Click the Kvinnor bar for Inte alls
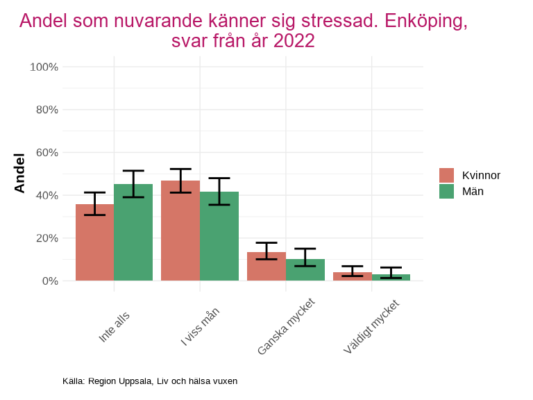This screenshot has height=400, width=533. pyautogui.click(x=94, y=243)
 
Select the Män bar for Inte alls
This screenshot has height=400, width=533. pyautogui.click(x=133, y=233)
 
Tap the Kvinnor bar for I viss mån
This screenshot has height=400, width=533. pyautogui.click(x=180, y=231)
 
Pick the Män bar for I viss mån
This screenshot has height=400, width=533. pyautogui.click(x=219, y=236)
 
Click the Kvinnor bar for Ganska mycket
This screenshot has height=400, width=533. pyautogui.click(x=266, y=267)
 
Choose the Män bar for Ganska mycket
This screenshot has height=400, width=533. pyautogui.click(x=305, y=270)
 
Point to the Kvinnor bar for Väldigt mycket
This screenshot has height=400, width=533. pyautogui.click(x=352, y=276)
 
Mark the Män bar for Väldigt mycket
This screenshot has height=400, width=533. pyautogui.click(x=391, y=278)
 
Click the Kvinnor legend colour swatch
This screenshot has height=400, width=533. pyautogui.click(x=446, y=175)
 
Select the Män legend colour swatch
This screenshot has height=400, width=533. pyautogui.click(x=446, y=192)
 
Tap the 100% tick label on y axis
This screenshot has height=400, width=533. pyautogui.click(x=44, y=67)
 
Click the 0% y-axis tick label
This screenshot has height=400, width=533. pyautogui.click(x=49, y=281)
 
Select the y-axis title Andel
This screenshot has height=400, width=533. pyautogui.click(x=19, y=174)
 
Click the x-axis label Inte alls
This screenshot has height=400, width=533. pyautogui.click(x=115, y=326)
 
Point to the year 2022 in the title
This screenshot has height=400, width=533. pyautogui.click(x=294, y=41)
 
